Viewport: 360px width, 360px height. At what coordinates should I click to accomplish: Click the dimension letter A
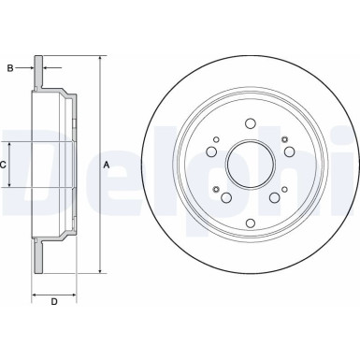click(107, 166)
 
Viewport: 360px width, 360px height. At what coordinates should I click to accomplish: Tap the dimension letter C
click(5, 166)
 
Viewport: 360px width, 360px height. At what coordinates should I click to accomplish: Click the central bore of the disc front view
click(250, 166)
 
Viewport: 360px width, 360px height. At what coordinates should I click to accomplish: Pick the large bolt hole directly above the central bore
click(250, 122)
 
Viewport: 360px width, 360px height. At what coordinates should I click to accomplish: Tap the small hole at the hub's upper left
click(215, 142)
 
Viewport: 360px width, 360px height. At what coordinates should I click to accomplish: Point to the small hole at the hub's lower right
click(284, 190)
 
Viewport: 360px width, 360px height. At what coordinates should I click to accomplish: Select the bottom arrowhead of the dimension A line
click(98, 272)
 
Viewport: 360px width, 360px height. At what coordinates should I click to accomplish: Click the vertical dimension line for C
click(13, 166)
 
